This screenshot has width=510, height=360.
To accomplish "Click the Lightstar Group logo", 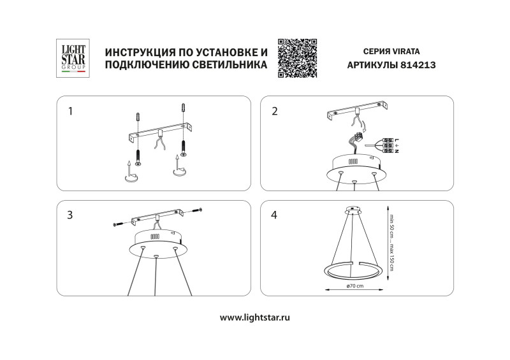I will pos(71,59).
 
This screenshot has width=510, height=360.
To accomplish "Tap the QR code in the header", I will pos(298,58).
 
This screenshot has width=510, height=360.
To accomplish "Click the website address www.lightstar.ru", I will pos(255,317).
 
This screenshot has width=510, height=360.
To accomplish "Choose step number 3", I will pos(71,215).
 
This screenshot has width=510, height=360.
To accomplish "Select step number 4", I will pos(275,215).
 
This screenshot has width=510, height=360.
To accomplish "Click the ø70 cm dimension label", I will pos(355,285).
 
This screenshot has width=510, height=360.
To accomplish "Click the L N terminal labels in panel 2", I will pos(397,147).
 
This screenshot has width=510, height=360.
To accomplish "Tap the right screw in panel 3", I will pos(197,210).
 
